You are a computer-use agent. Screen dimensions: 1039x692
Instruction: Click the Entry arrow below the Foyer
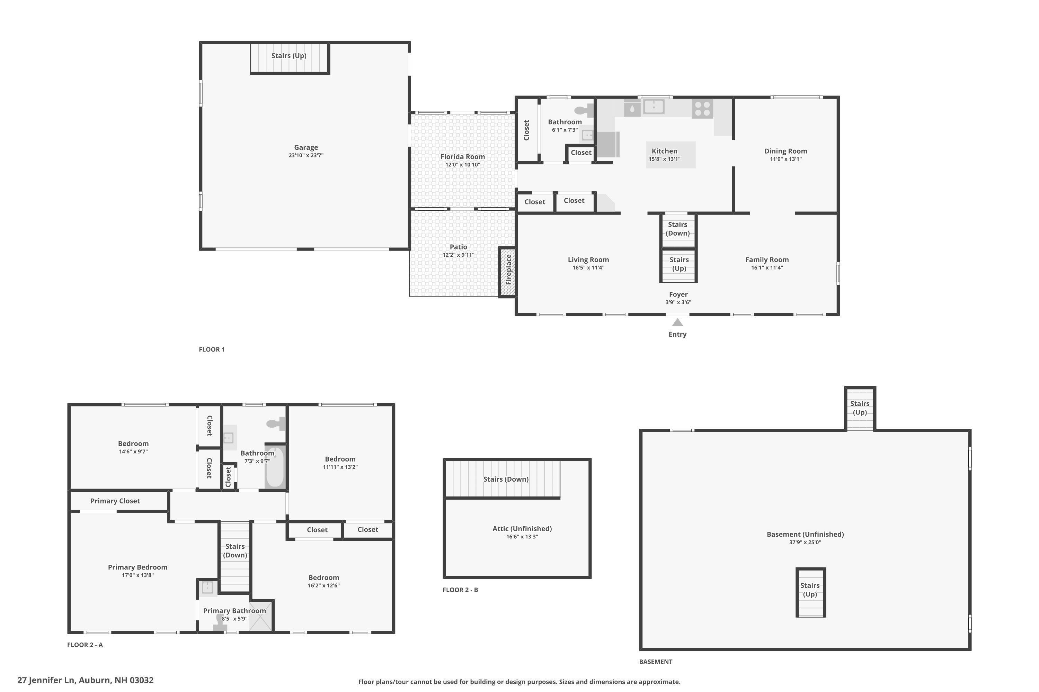677,322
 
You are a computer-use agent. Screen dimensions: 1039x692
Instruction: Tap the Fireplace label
508,270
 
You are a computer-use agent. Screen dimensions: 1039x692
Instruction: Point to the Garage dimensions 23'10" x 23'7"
306,155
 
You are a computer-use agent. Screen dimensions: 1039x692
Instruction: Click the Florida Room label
462,157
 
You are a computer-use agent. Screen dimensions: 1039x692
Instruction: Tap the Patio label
459,247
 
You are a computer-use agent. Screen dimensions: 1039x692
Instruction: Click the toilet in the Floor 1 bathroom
584,110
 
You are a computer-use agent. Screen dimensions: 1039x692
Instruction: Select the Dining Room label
786,151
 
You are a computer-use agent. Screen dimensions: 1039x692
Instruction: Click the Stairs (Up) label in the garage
289,56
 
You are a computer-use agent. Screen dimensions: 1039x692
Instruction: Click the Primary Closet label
115,501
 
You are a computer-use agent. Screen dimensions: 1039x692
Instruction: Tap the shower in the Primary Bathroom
261,616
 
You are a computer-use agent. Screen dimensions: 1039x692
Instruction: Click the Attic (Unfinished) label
522,529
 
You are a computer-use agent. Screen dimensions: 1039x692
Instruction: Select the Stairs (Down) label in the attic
506,479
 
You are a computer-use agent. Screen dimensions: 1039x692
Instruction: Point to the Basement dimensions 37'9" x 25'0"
805,543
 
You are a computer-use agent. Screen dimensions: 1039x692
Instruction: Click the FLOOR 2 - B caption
460,590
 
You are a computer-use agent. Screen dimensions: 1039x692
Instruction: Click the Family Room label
767,260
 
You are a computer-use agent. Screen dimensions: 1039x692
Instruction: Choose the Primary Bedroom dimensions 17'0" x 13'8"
138,575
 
